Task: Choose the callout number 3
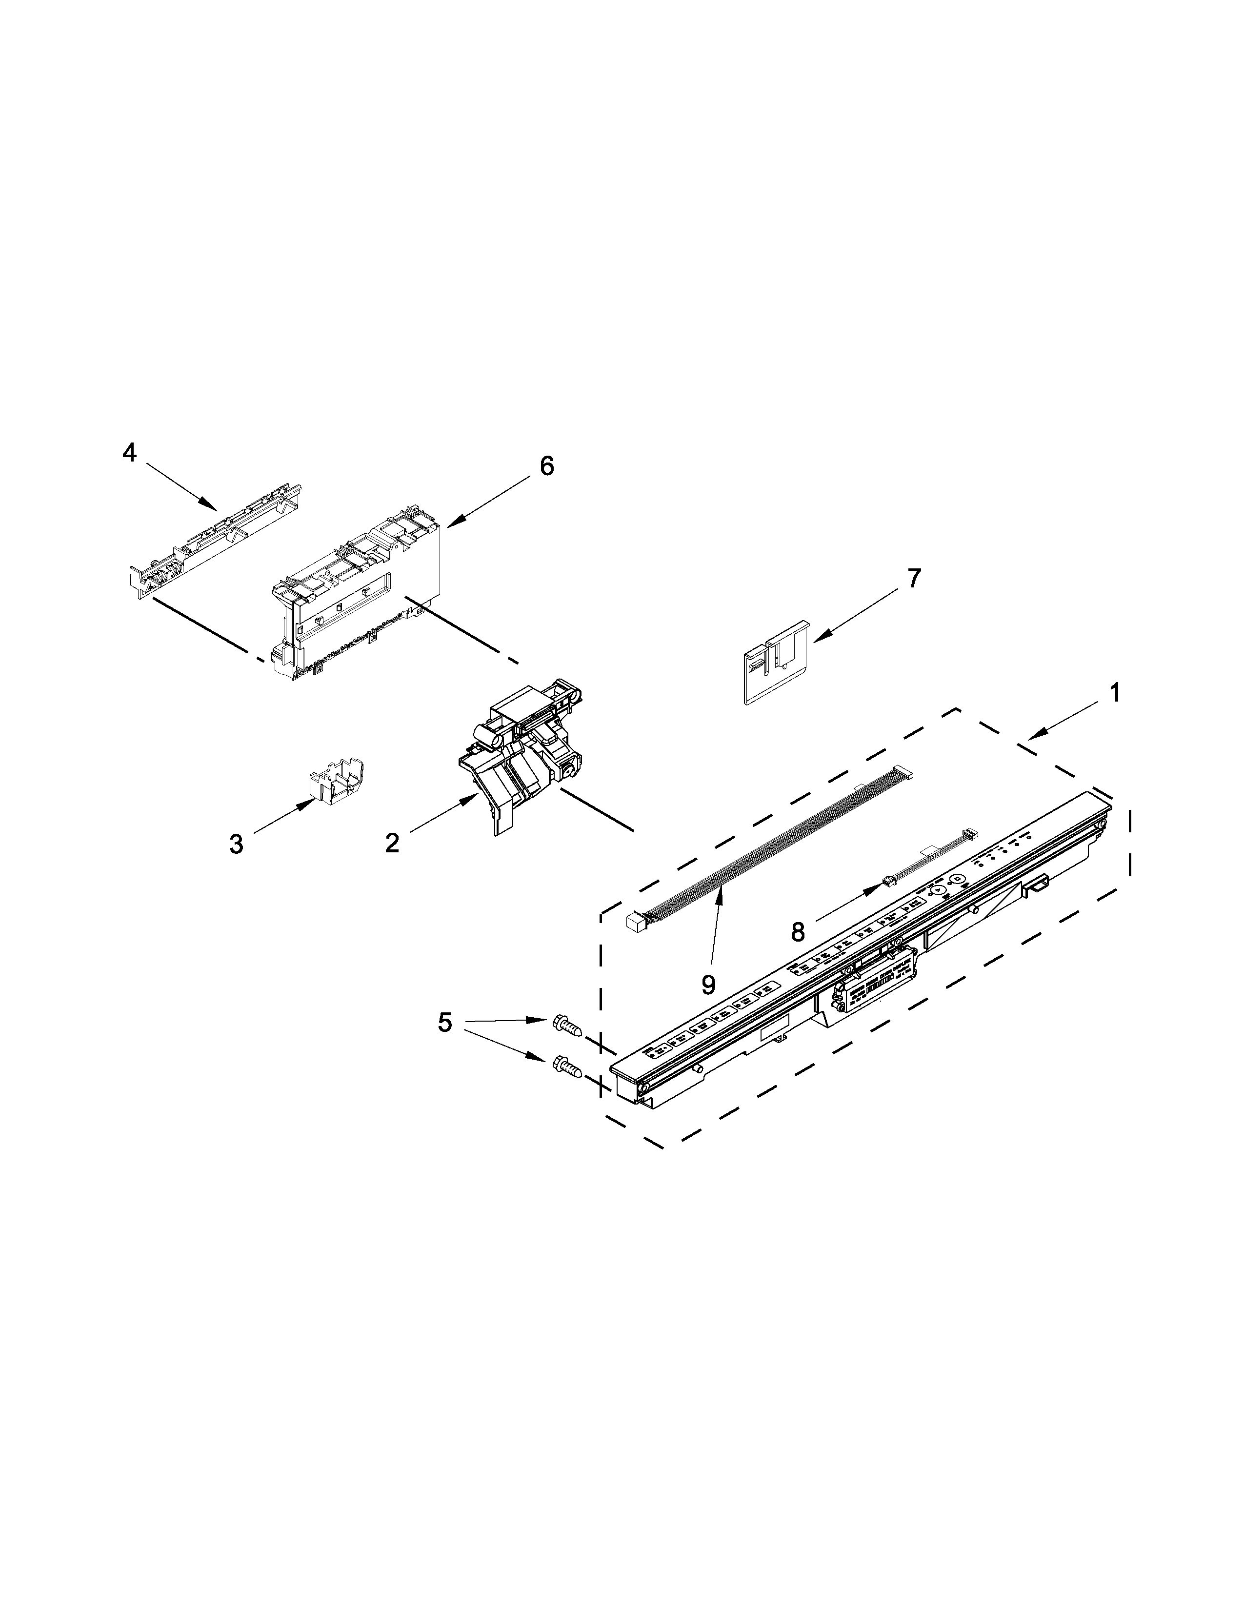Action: pyautogui.click(x=236, y=844)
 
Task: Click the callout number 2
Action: pyautogui.click(x=392, y=843)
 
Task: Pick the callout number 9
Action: pyautogui.click(x=709, y=984)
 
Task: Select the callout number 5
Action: pyautogui.click(x=445, y=1023)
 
